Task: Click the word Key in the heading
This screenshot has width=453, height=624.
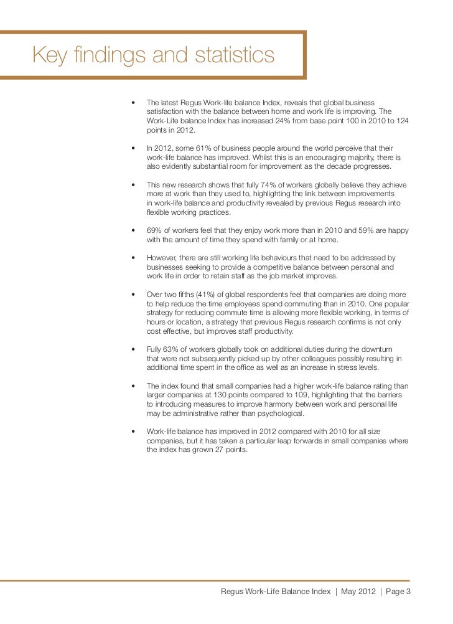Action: [x=48, y=55]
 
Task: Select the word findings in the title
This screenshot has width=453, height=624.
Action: [x=109, y=57]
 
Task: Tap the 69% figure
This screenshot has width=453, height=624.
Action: [x=154, y=230]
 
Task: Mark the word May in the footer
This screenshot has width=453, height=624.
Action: [x=352, y=592]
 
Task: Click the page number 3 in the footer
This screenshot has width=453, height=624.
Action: [x=409, y=592]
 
